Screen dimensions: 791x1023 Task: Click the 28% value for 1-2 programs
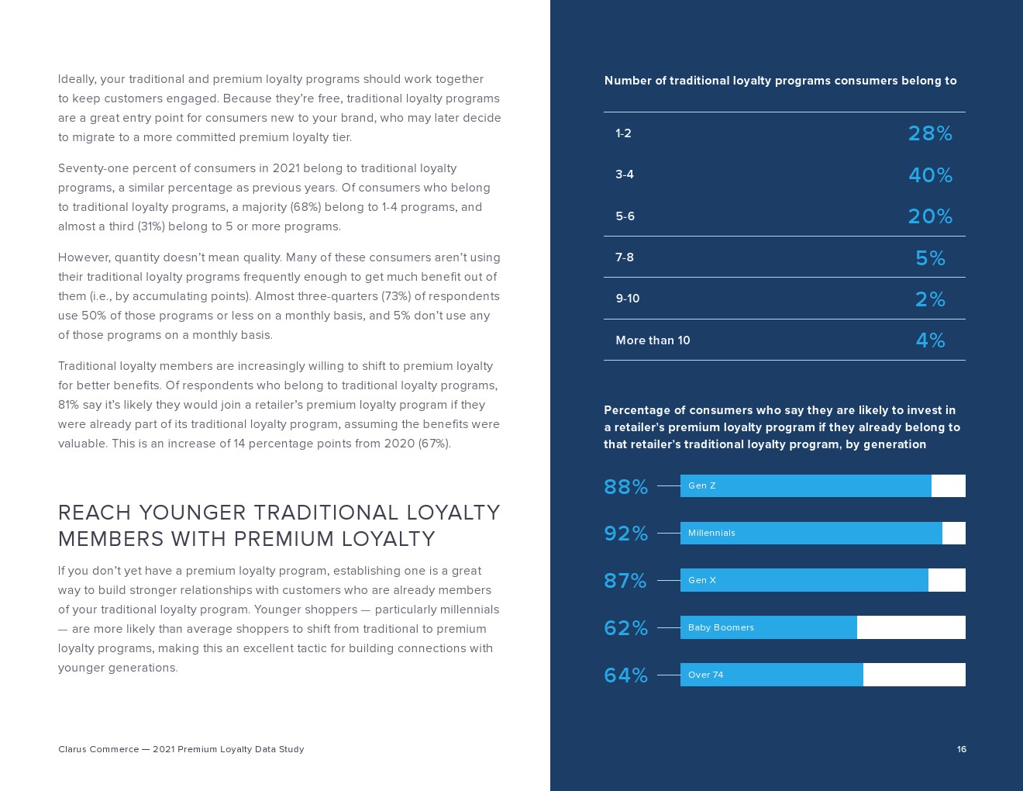pyautogui.click(x=930, y=133)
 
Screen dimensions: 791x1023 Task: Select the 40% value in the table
pyautogui.click(x=930, y=175)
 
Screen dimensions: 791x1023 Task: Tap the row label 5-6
pyautogui.click(x=625, y=216)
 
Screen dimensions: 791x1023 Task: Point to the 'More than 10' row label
pyautogui.click(x=653, y=340)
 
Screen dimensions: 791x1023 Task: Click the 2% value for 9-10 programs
pyautogui.click(x=930, y=299)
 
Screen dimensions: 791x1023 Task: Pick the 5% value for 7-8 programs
pyautogui.click(x=930, y=258)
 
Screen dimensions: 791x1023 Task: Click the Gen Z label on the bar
pyautogui.click(x=702, y=485)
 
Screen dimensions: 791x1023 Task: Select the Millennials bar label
pyautogui.click(x=711, y=533)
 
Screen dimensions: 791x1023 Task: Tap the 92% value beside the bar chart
pyautogui.click(x=625, y=534)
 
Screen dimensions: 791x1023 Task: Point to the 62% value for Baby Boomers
pyautogui.click(x=625, y=628)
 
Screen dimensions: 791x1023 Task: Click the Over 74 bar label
pyautogui.click(x=705, y=675)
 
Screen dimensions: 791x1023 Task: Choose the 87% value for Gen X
pyautogui.click(x=625, y=581)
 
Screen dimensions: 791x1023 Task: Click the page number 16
pyautogui.click(x=961, y=749)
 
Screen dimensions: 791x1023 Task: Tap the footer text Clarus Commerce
pyautogui.click(x=98, y=749)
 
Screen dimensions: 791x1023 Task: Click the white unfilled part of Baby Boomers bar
pyautogui.click(x=911, y=627)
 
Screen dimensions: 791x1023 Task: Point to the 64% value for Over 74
pyautogui.click(x=625, y=675)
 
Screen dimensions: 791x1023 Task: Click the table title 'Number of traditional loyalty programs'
pyautogui.click(x=780, y=81)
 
